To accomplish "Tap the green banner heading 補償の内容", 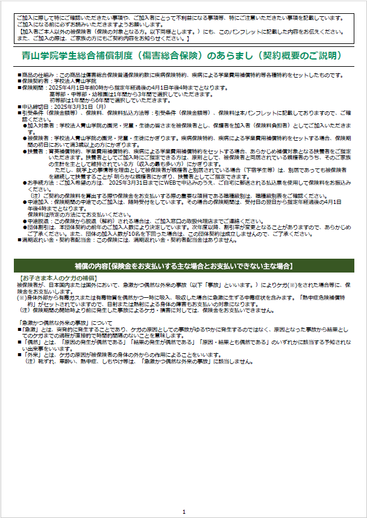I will click(183, 265).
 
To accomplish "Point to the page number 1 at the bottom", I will click(184, 511).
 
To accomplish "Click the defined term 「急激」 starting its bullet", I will click(30, 330).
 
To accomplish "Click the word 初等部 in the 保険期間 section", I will click(58, 101).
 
